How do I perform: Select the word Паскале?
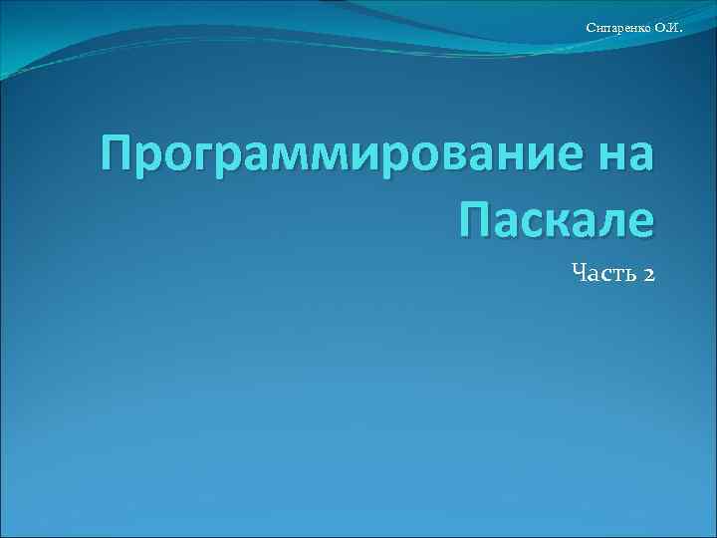[558, 218]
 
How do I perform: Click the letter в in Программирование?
[441, 156]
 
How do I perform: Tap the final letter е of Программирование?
[568, 156]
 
